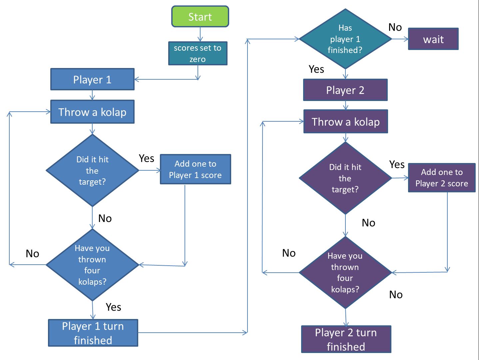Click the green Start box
(200, 16)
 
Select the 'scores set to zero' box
(198, 53)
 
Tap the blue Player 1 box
(92, 79)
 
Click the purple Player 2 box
(345, 90)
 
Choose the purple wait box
(433, 39)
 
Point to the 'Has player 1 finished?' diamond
(345, 39)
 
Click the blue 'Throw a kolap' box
(92, 112)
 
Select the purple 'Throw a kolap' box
(345, 122)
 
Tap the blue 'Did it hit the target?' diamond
(92, 170)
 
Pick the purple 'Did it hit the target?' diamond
(345, 178)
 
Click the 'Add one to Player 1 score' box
(195, 169)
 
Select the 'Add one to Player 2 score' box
(441, 178)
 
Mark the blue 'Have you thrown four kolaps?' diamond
(92, 265)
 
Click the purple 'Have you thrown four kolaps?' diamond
(345, 272)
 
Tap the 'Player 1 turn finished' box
(93, 333)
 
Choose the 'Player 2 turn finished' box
(346, 339)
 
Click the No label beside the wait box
(395, 27)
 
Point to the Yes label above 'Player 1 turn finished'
(113, 307)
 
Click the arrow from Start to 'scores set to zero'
(200, 34)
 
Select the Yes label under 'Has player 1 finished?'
(316, 69)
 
